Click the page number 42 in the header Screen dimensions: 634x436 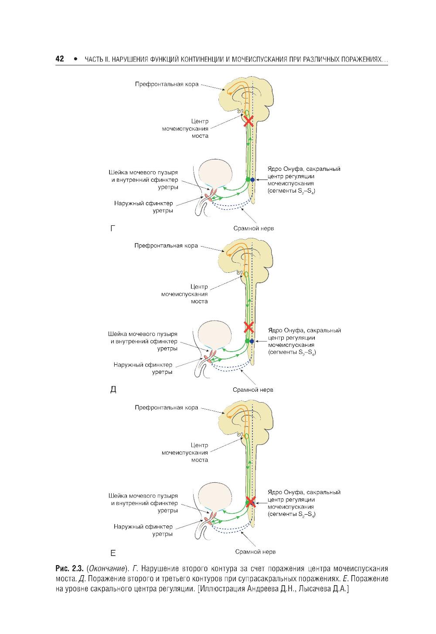click(60, 59)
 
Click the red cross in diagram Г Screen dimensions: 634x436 click(248, 121)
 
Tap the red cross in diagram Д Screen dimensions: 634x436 click(249, 327)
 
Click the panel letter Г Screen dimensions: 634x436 click(113, 228)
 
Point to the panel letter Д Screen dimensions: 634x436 click(113, 389)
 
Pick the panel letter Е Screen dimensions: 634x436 click(113, 553)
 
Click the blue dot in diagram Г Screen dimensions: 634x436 click(252, 180)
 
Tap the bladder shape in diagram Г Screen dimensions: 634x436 click(216, 173)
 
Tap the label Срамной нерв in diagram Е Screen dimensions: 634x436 click(255, 552)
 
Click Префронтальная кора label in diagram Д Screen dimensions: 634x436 click(166, 246)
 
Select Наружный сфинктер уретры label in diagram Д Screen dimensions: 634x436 click(143, 369)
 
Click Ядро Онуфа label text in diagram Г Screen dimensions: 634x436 click(304, 169)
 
